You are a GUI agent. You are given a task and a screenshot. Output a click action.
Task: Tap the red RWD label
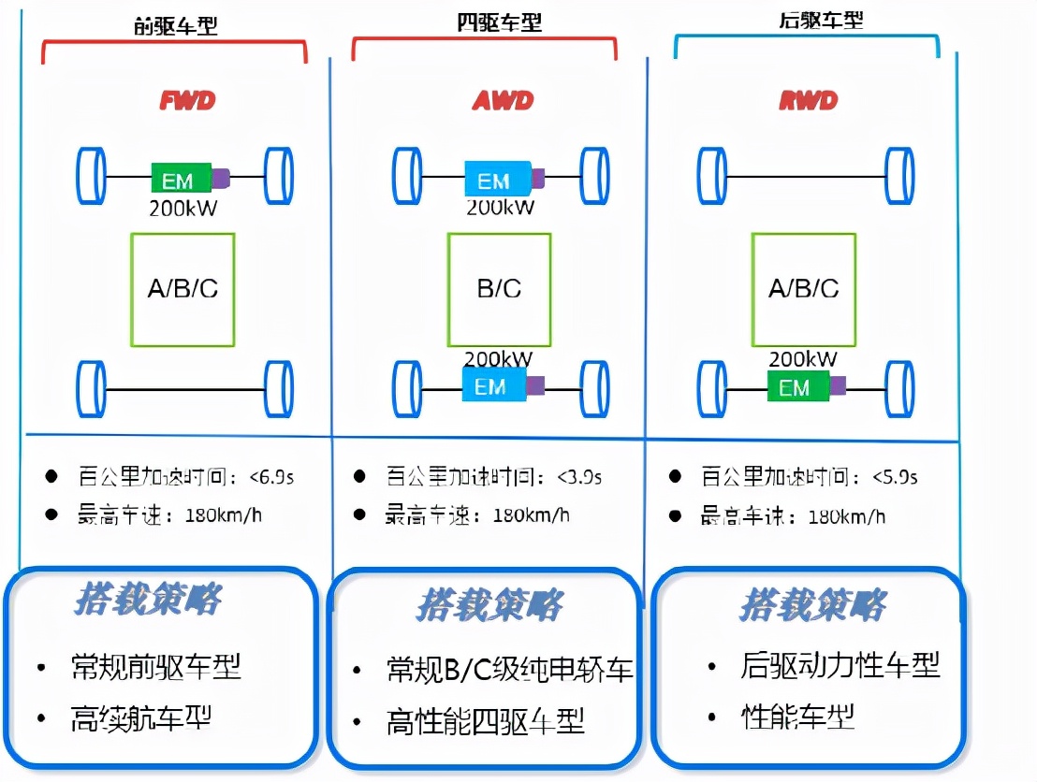[808, 100]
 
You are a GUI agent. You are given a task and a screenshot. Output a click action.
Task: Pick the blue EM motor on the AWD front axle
[497, 178]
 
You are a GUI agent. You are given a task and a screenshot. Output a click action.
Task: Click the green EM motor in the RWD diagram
[796, 385]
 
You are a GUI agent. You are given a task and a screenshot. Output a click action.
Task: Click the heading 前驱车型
[175, 25]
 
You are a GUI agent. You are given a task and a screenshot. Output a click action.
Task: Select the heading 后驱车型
[808, 20]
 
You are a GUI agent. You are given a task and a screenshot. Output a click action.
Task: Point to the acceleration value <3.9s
[579, 477]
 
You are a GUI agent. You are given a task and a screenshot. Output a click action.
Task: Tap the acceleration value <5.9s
[895, 477]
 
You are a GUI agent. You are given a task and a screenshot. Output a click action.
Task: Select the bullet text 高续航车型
[140, 718]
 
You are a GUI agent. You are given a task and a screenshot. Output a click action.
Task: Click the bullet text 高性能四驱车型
[485, 721]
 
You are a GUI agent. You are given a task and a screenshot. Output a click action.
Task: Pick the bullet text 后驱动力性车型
[840, 665]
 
